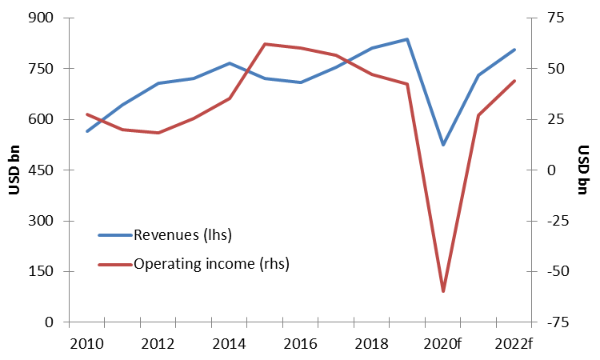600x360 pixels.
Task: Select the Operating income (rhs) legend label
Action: (211, 263)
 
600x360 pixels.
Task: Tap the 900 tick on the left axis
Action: (41, 18)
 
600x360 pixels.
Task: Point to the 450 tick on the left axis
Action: (41, 170)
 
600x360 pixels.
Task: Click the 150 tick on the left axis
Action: (41, 272)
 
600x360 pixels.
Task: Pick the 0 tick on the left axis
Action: (49, 322)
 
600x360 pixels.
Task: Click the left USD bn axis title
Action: (14, 170)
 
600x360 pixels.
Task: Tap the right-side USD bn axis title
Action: (584, 170)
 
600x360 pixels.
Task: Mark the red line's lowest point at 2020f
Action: (443, 291)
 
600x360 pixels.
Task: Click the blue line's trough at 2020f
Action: (443, 145)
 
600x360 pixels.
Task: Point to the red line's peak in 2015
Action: (265, 44)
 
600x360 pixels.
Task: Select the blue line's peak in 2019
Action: (407, 39)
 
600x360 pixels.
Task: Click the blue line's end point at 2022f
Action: (514, 50)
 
